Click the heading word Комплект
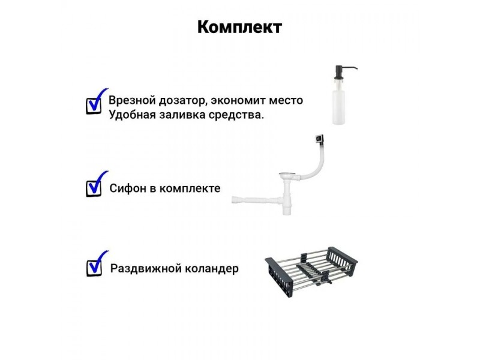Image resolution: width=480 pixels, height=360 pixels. (x=239, y=28)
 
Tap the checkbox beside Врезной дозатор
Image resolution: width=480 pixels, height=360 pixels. (x=94, y=106)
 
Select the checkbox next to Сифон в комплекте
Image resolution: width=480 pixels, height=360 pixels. (x=94, y=188)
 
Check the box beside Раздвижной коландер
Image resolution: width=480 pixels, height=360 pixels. (x=94, y=268)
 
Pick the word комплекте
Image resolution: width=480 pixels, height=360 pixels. (x=190, y=188)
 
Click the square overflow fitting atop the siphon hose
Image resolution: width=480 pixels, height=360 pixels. (x=319, y=139)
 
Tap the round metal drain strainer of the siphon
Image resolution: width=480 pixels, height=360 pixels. (x=288, y=175)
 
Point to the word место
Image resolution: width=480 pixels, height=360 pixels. (x=285, y=101)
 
